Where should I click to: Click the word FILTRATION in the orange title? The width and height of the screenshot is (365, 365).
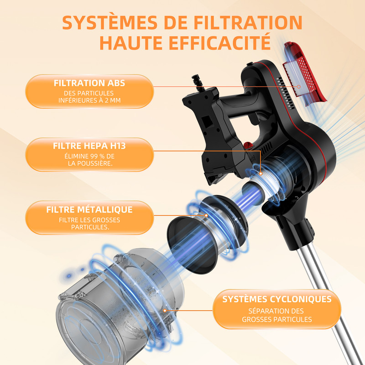coord(248,22)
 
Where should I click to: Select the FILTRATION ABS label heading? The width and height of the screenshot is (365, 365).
coord(89,83)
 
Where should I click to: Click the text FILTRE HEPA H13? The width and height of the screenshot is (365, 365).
coord(89,146)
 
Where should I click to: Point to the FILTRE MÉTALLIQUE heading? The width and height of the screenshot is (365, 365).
coord(89,209)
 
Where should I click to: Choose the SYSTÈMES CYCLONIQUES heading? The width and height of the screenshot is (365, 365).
coord(277,299)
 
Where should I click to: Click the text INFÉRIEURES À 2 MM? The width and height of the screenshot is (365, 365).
coord(89,100)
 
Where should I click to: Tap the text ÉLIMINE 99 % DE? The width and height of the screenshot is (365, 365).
coord(89,156)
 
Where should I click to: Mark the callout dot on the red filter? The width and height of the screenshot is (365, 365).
coord(299,87)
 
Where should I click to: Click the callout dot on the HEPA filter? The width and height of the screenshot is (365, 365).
coord(261,174)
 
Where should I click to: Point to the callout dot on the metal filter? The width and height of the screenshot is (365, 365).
coord(206,215)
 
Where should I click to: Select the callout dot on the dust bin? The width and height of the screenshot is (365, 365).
coord(165,311)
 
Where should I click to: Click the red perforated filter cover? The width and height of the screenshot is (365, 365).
coord(304,73)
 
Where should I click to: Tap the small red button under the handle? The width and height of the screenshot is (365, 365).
coord(248,146)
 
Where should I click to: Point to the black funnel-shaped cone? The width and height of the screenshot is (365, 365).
coord(193,245)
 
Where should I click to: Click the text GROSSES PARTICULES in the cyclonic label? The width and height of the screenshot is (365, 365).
coord(277,319)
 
